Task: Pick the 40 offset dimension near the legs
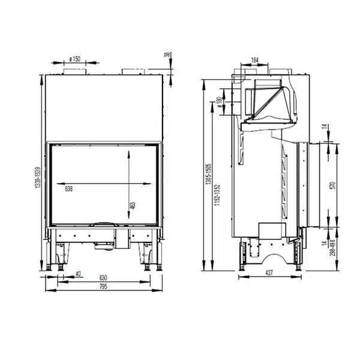coord(79,275)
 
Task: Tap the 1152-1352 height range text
coord(218,196)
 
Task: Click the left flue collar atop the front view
coord(76,72)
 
